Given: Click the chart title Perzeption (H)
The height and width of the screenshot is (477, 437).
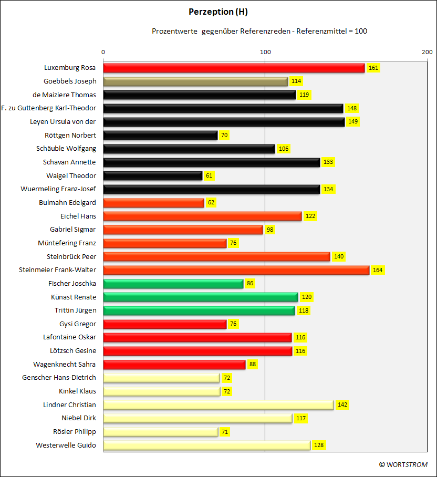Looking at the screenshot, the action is tap(218, 12).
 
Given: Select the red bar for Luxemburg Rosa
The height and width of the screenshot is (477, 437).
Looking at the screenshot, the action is tap(234, 68).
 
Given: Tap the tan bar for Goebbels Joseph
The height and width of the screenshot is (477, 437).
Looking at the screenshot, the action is tap(195, 81).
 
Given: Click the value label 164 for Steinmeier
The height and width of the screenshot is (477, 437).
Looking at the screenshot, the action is tap(378, 270).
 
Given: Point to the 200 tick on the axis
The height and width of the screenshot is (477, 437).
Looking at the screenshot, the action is tap(427, 52).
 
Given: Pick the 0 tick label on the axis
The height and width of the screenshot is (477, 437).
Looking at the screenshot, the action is tap(103, 52).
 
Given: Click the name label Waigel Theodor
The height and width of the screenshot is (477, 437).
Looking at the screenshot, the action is tap(71, 175).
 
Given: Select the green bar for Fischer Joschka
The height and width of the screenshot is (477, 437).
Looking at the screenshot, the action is tap(173, 284).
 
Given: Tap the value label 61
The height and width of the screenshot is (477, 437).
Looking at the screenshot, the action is tap(209, 175).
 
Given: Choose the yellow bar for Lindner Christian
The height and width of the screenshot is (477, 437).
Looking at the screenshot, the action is tap(218, 405).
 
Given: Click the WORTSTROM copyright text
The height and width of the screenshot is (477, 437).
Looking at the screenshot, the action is tap(403, 464).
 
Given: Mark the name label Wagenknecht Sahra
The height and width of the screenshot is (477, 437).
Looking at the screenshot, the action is tap(65, 364).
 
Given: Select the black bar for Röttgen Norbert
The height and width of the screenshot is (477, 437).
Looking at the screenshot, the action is tap(161, 136).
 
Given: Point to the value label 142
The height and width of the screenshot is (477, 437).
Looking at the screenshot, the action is tap(342, 405).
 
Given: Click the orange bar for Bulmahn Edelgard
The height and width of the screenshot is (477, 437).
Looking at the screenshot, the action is tap(153, 203).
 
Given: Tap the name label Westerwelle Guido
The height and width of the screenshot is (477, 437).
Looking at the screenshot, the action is tap(66, 445).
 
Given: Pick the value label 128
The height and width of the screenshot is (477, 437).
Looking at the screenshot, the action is tap(319, 445).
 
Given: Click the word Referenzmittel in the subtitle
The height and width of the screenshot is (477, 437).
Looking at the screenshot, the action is tap(321, 31).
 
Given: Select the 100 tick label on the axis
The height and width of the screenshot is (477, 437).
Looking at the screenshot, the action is tap(265, 52).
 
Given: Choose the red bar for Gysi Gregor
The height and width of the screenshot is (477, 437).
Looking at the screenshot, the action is tap(165, 324).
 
